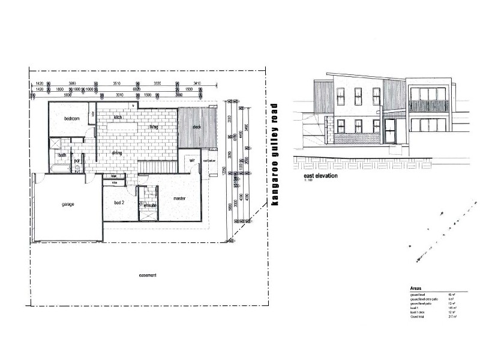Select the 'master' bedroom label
click(x=179, y=199)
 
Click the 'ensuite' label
click(x=150, y=205)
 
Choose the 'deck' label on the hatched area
click(x=196, y=127)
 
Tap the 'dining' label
click(x=118, y=153)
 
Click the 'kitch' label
click(x=118, y=118)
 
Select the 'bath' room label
click(x=62, y=155)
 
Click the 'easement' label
click(x=148, y=275)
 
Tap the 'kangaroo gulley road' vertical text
click(x=275, y=155)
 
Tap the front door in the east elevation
click(x=391, y=133)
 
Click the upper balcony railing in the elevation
click(x=429, y=107)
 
